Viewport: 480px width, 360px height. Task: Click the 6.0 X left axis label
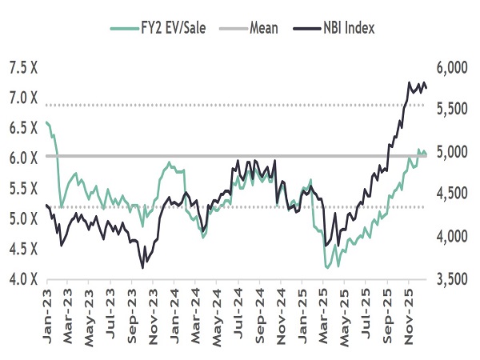[x=24, y=158]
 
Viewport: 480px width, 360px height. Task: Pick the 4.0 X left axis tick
[x=24, y=279]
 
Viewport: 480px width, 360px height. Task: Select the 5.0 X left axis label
[x=24, y=218]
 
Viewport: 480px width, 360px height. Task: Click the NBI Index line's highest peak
[x=410, y=82]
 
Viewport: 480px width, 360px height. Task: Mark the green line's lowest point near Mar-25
[x=326, y=267]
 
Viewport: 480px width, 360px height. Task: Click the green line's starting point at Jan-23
[x=46, y=122]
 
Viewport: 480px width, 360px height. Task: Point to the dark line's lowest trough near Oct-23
[x=143, y=266]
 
